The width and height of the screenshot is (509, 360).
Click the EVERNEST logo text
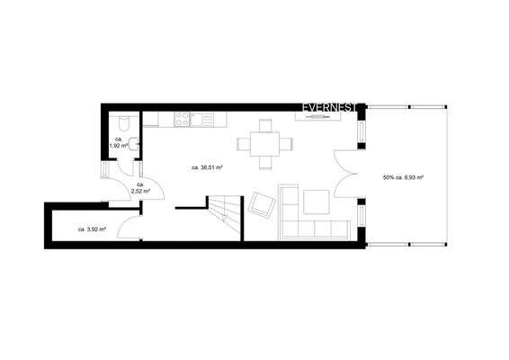330,106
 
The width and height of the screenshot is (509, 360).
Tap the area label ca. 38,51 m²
208,168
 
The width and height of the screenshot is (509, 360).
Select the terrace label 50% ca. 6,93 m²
403,177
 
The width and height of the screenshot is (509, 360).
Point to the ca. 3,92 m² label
91,229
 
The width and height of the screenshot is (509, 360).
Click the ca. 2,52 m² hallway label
140,188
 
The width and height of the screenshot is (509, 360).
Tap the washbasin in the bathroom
136,144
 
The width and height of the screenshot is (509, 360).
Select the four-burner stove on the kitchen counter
183,117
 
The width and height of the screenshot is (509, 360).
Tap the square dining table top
265,143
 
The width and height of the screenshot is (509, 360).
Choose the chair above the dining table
265,124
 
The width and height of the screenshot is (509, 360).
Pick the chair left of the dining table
245,143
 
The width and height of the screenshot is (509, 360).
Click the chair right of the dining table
286,143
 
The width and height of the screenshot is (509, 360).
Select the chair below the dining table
265,163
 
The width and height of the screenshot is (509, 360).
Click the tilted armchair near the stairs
261,204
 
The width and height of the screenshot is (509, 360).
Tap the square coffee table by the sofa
316,202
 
